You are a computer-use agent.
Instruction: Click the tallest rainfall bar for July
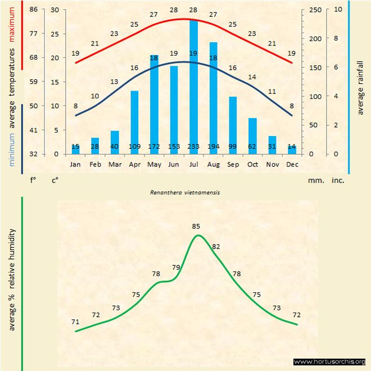(193, 84)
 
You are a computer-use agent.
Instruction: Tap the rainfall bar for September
(233, 124)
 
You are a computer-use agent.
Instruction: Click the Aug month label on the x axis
(213, 165)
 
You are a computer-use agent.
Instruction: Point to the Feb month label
(95, 165)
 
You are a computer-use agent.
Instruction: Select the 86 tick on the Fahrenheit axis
(34, 10)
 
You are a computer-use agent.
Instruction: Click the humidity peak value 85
(196, 227)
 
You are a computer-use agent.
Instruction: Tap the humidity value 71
(75, 322)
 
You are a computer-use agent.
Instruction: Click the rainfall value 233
(193, 147)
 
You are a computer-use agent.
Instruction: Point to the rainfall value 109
(134, 147)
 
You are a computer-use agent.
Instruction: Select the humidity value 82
(216, 247)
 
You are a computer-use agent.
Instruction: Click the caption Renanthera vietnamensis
(185, 192)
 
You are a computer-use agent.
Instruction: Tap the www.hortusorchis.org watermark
(329, 361)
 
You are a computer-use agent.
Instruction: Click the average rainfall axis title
(360, 87)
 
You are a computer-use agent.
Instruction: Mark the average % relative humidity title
(11, 279)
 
